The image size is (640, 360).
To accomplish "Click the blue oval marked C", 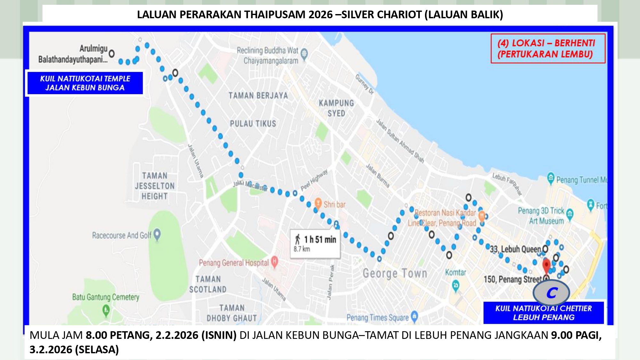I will tap(551, 292).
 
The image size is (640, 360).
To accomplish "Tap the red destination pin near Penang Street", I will tap(546, 266).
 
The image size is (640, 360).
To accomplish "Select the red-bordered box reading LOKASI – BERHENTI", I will tap(548, 49).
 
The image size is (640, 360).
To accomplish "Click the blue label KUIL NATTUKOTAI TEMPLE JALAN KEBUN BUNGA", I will tap(85, 83).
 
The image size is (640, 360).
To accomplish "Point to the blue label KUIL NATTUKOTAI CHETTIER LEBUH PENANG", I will tap(543, 313).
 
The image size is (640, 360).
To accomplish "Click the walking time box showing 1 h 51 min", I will tap(315, 243).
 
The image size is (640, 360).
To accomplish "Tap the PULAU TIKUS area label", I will tap(253, 124).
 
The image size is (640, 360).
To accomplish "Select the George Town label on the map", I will tap(395, 274).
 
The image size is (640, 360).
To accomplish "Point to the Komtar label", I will tap(455, 272).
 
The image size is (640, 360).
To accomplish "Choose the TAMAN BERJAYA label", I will tap(258, 96).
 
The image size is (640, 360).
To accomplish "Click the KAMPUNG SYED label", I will tap(336, 108).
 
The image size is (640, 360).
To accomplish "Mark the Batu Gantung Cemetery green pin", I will tap(106, 309).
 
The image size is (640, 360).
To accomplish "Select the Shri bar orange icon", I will tap(318, 203).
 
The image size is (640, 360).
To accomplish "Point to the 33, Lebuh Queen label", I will tap(515, 249).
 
